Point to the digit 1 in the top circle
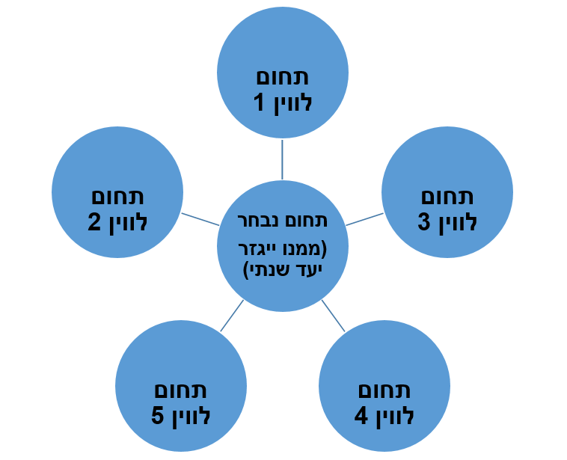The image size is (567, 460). point(260,103)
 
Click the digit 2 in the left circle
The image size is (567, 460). point(95,223)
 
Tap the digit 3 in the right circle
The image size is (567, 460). point(424,223)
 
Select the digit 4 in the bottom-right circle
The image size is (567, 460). point(361,416)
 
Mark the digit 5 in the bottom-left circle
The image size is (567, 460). point(158,416)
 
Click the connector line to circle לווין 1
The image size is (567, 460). point(283,159)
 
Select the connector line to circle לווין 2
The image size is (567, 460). point(200,219)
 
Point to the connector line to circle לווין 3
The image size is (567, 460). point(364,219)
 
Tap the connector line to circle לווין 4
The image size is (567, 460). point(334,316)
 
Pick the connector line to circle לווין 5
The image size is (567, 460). point(232,316)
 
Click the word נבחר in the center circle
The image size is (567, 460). point(252,221)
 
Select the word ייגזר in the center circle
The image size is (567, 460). point(260,248)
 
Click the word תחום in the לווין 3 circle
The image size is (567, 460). point(447,197)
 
